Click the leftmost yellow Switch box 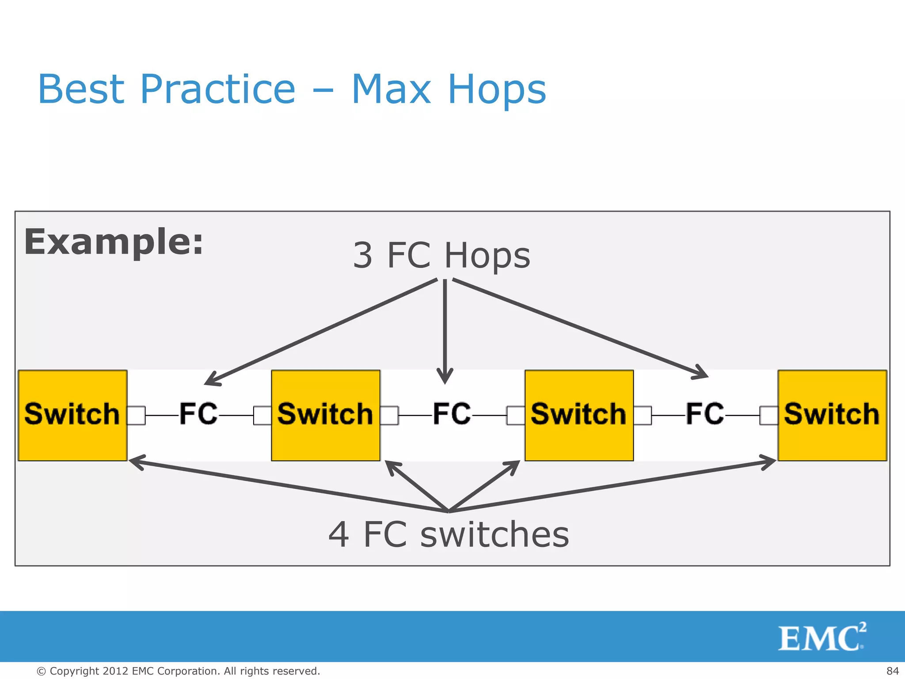point(72,415)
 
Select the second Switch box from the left point(326,415)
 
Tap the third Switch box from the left point(579,415)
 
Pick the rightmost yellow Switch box point(832,415)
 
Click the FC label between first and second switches point(198,414)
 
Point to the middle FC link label point(452,414)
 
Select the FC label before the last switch point(705,414)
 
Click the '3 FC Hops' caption point(441,256)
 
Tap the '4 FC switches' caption point(449,534)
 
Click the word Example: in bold point(114,242)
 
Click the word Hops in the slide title point(497,89)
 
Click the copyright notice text point(178,671)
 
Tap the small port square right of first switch point(137,416)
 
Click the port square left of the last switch point(768,416)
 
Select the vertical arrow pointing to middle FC point(445,332)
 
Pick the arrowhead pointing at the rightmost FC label point(701,373)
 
